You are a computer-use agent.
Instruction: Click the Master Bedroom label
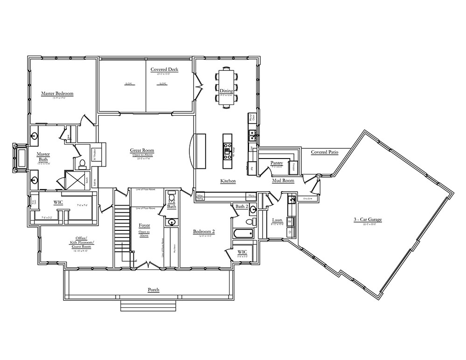pos(57,94)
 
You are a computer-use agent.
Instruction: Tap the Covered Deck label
pos(164,69)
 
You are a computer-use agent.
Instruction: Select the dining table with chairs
pos(226,88)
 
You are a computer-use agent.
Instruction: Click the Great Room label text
pos(142,151)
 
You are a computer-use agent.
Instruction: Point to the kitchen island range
pos(227,150)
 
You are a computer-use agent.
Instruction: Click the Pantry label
pos(277,163)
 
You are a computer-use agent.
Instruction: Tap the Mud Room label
pos(283,180)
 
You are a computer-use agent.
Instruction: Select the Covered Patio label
pos(324,152)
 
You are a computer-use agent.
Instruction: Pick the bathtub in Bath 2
pos(243,233)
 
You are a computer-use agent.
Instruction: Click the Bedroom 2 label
pos(203,231)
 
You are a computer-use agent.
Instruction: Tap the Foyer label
pos(144,226)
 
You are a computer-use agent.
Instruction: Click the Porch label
pos(153,290)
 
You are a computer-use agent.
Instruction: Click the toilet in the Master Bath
pos(82,163)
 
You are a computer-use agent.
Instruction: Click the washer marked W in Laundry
pos(289,221)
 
